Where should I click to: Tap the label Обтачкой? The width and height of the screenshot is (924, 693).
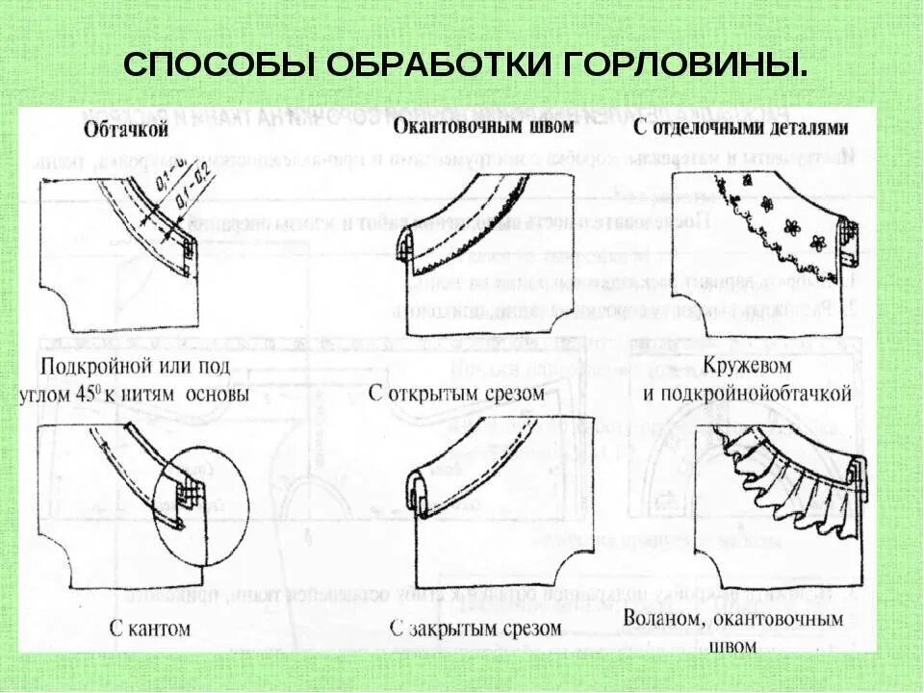point(127,129)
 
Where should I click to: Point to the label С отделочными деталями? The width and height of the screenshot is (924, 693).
point(738,128)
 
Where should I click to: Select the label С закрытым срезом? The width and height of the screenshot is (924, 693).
point(475,629)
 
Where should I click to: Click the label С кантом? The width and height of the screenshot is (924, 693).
point(149,629)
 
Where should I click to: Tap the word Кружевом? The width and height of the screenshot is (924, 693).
point(747,367)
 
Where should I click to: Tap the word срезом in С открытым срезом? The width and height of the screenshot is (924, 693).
point(510,393)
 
